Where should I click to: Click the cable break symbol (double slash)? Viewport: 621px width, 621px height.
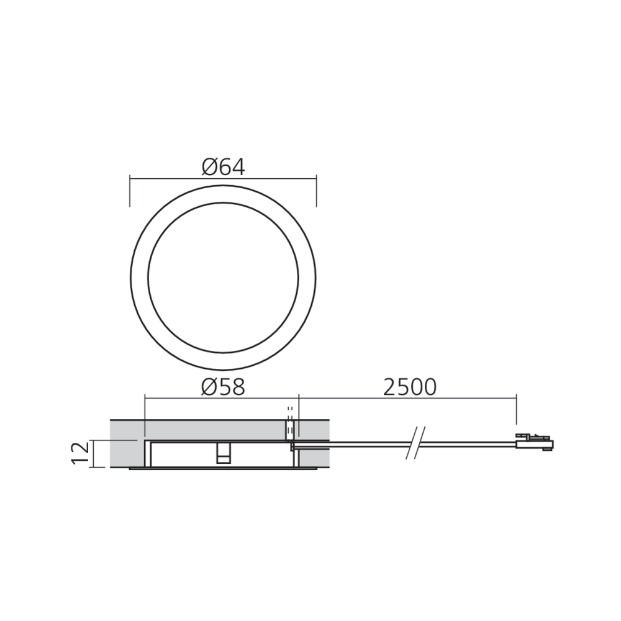[414, 442]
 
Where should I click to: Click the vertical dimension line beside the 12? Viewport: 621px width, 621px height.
[92, 453]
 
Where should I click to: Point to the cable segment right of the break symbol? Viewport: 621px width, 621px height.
[466, 442]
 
